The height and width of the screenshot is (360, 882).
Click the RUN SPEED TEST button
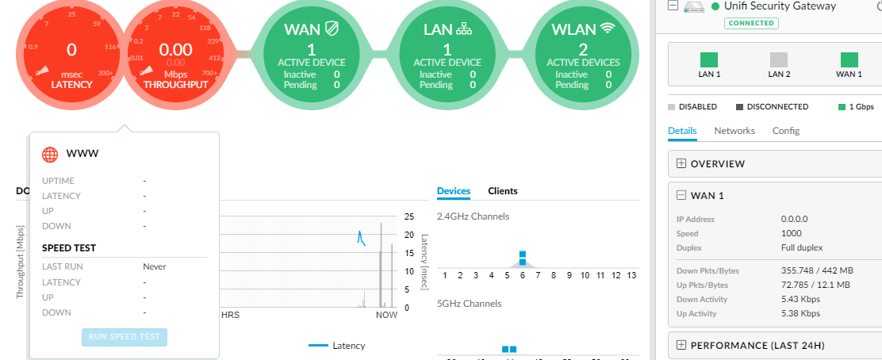(125, 336)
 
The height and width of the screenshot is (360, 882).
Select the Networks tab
(734, 131)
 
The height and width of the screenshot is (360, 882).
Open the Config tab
(786, 131)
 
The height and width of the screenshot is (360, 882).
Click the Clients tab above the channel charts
(503, 191)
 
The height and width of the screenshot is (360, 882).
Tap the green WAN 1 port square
(849, 59)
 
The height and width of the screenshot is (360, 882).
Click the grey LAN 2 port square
(779, 59)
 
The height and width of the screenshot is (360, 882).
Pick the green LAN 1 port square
(709, 59)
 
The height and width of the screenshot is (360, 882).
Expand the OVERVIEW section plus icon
(681, 164)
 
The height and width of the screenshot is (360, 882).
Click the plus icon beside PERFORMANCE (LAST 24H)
(681, 345)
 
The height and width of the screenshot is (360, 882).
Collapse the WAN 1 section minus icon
(681, 196)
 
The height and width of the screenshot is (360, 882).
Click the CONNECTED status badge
(751, 23)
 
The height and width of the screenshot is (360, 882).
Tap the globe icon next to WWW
(51, 154)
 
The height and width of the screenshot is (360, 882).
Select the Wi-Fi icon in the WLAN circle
(608, 29)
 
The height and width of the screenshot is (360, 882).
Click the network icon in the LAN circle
(465, 29)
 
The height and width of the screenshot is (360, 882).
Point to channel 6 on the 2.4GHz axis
(523, 275)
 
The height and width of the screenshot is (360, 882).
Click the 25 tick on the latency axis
(409, 216)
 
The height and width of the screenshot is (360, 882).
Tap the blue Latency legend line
(317, 346)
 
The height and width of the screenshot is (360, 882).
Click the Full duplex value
(803, 247)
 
